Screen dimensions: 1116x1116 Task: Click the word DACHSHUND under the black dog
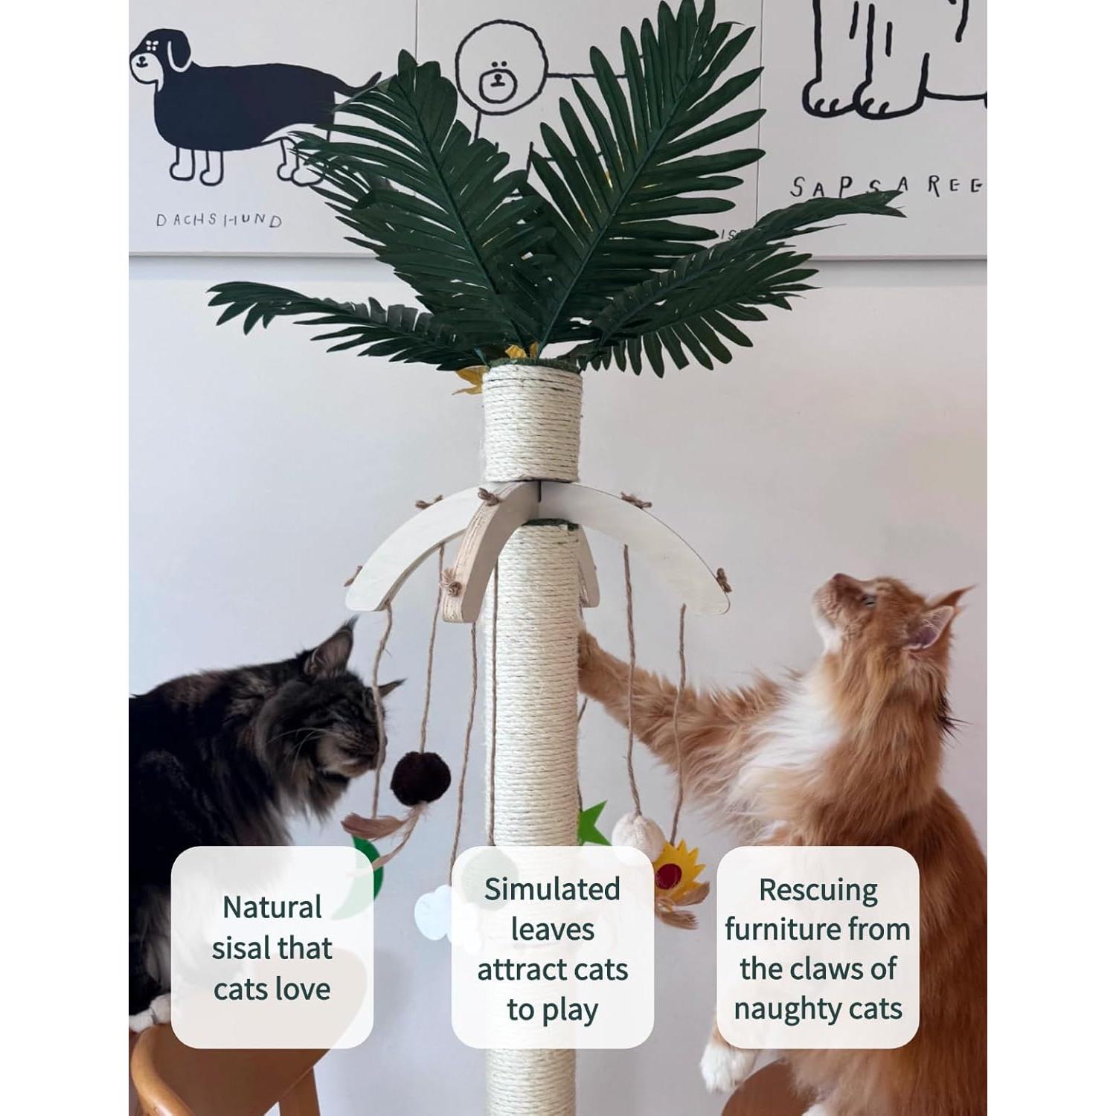click(219, 220)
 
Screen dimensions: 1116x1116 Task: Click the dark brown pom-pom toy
click(421, 778)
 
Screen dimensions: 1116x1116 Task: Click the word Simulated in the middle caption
click(552, 889)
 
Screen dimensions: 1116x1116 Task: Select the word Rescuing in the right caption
click(818, 890)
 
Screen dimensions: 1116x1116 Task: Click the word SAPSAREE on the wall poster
click(885, 186)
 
